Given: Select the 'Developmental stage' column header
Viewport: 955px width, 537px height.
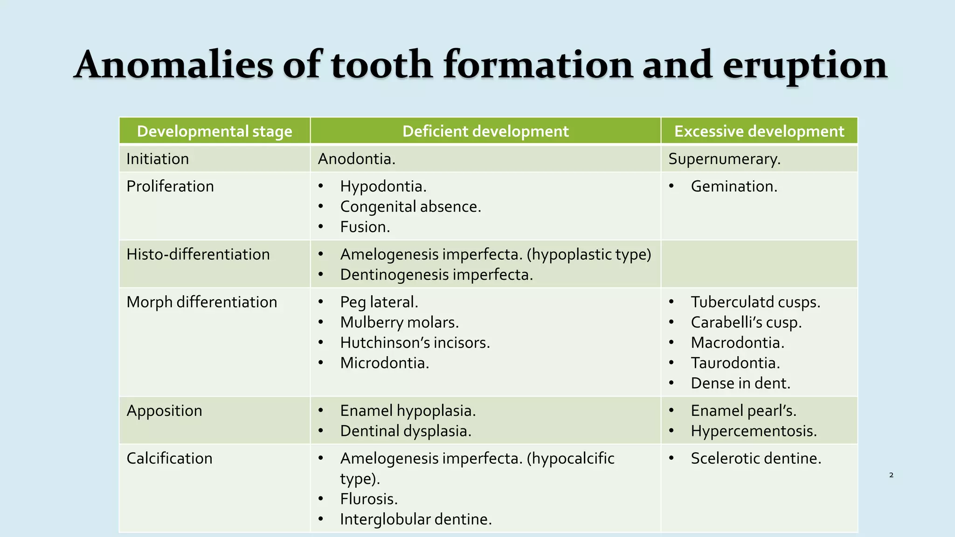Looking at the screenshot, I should point(215,131).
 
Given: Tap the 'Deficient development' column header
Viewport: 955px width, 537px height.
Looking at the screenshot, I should point(485,131).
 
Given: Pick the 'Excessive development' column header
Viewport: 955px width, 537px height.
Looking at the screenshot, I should point(759,131).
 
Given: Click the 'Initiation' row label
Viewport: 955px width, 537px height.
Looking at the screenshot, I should point(158,159).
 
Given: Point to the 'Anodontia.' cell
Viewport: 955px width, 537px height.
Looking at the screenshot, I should point(356,159).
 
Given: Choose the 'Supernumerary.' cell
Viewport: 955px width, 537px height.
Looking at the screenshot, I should point(724,159).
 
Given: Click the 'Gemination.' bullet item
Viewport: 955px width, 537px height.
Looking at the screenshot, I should point(734,186).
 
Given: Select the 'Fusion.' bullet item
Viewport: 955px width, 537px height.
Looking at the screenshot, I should point(365,227).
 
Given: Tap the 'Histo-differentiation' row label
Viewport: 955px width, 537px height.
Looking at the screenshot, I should point(198,255).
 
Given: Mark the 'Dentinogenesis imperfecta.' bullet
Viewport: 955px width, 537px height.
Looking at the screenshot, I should point(436,275).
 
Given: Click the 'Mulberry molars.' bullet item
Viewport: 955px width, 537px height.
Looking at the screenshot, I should point(400,323).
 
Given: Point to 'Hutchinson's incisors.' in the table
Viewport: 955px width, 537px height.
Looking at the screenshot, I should point(415,343).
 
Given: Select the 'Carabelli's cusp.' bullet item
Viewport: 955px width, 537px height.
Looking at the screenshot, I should point(746,323).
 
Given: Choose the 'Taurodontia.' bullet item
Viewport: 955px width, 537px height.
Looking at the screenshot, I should point(735,363).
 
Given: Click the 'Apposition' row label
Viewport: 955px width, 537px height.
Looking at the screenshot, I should point(164,411).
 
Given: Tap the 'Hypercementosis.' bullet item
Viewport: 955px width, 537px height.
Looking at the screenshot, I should point(754,431).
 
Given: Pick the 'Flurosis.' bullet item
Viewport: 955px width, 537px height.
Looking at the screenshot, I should point(369,499).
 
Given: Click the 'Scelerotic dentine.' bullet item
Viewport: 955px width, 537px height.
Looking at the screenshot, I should point(756,459).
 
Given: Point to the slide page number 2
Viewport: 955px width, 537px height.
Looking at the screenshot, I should point(891,475).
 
